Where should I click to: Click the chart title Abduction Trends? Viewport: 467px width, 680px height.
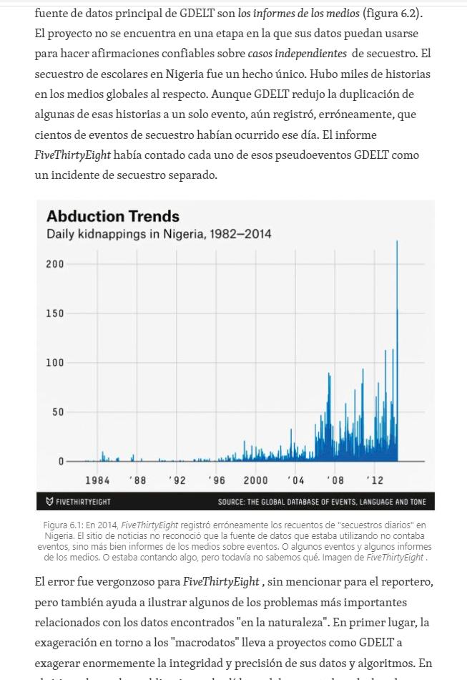point(113,216)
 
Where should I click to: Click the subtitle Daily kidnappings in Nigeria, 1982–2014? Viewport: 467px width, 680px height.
point(159,234)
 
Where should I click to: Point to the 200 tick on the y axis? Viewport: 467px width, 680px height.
point(55,264)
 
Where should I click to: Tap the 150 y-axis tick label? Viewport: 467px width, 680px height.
point(55,314)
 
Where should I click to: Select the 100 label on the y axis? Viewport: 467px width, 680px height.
point(55,363)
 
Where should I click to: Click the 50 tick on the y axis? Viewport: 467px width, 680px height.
point(57,412)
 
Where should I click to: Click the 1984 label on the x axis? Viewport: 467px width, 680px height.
point(97,480)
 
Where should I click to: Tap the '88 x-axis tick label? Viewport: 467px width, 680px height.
point(137,480)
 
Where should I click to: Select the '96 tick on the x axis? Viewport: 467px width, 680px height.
point(216,480)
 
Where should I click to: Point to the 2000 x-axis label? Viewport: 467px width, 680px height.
point(255,480)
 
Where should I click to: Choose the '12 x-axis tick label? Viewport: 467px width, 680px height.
point(374,480)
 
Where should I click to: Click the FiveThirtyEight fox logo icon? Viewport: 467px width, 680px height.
point(49,502)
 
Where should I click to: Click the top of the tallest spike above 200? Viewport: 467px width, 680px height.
point(397,242)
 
